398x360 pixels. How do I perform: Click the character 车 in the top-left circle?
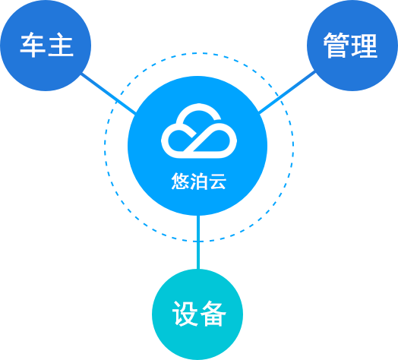click(33, 45)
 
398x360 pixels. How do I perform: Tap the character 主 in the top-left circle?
click(61, 45)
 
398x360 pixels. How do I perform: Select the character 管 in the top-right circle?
click(336, 46)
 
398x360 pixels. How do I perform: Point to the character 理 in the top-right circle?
click(365, 46)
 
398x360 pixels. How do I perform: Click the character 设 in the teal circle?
click(185, 314)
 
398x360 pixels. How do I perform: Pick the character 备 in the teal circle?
click(213, 314)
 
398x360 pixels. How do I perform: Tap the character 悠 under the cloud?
click(180, 182)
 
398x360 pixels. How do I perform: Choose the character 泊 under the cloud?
click(199, 182)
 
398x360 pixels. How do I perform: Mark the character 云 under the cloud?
click(217, 182)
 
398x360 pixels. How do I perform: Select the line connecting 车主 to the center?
click(109, 93)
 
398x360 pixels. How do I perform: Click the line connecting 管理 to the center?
click(287, 93)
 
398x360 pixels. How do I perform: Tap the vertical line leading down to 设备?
click(198, 242)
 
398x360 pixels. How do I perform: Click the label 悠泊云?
click(198, 182)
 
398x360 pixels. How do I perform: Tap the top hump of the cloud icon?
click(199, 107)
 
